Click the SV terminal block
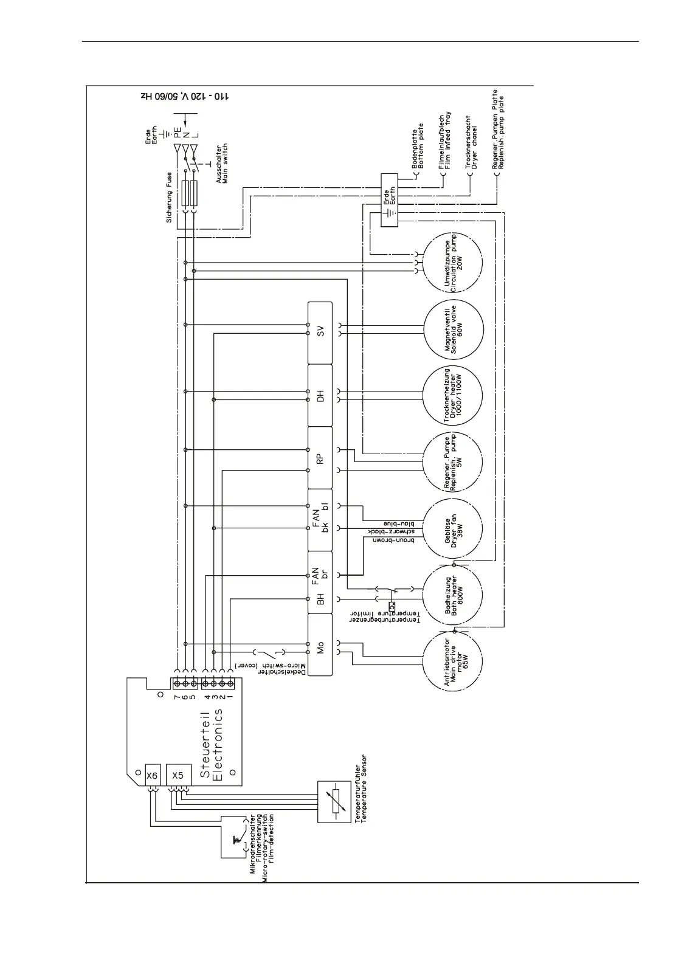pyautogui.click(x=320, y=332)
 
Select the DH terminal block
pyautogui.click(x=320, y=396)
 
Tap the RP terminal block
pyautogui.click(x=320, y=458)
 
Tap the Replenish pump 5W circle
pyautogui.click(x=454, y=461)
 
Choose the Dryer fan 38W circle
pyautogui.click(x=454, y=528)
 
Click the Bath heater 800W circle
pyautogui.click(x=454, y=594)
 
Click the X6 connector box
pyautogui.click(x=152, y=775)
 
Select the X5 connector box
pyautogui.click(x=178, y=775)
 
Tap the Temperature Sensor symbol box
pyautogui.click(x=333, y=801)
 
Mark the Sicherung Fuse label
pyautogui.click(x=170, y=198)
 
